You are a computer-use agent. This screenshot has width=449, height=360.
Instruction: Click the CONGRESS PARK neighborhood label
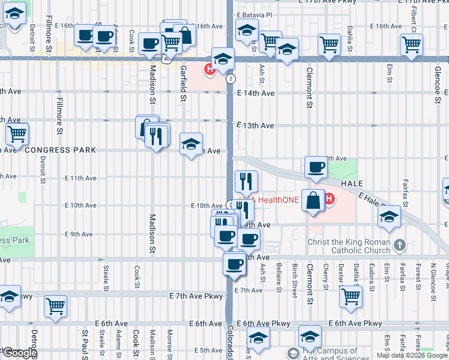(59, 149)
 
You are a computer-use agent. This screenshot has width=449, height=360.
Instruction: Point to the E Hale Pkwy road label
(376, 200)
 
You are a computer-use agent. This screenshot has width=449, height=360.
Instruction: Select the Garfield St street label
(182, 83)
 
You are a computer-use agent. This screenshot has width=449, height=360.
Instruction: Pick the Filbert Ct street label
(414, 18)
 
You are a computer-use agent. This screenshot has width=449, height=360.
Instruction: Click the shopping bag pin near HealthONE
(314, 200)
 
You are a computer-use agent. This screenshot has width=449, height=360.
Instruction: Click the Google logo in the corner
(19, 353)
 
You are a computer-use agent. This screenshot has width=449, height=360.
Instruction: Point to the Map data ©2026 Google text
(412, 355)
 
